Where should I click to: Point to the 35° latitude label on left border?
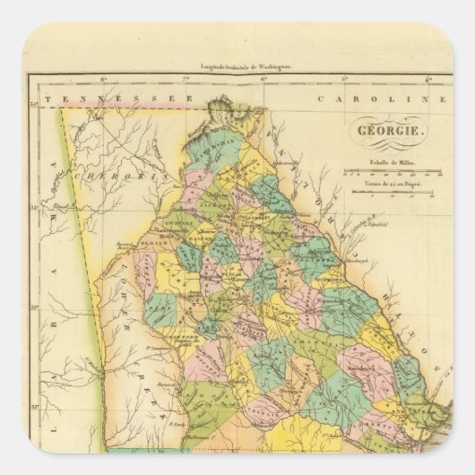point(33,109)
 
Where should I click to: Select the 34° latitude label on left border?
point(33,208)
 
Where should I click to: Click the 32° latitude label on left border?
point(33,405)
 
